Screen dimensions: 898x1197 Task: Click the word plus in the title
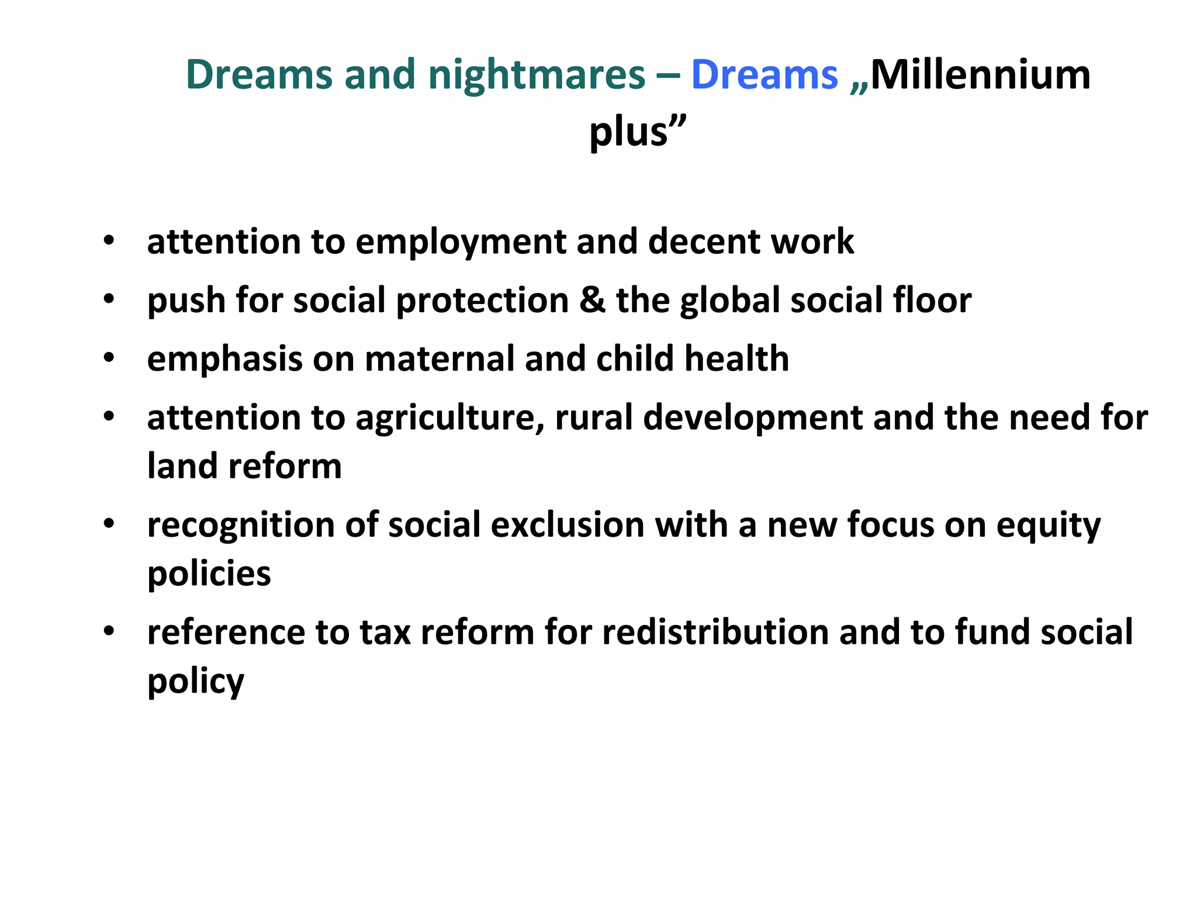628,132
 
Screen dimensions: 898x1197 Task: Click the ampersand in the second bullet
592,300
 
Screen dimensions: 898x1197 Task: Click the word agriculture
450,418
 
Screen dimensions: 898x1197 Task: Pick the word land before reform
182,466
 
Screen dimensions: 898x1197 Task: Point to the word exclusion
567,524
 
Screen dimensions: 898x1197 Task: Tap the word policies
209,574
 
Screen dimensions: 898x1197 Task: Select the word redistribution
715,632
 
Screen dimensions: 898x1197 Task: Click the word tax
385,632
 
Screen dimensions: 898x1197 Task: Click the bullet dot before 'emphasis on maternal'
109,358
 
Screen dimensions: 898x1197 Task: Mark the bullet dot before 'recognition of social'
109,524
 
